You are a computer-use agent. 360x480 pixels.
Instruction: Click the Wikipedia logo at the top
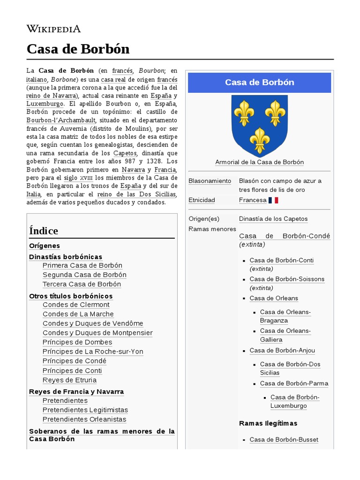tap(53, 29)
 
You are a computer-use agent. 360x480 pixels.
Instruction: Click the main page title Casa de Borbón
tap(78, 49)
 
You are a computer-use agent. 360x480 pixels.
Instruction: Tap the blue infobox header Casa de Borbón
tap(259, 82)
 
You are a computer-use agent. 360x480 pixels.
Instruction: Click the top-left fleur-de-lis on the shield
tap(244, 113)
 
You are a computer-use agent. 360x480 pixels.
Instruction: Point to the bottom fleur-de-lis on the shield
tap(259, 140)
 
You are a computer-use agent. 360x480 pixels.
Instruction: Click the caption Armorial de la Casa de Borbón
tap(259, 162)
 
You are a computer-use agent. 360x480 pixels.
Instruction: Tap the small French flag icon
tap(273, 200)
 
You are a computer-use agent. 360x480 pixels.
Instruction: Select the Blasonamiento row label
tap(210, 181)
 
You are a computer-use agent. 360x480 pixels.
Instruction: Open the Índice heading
tap(44, 231)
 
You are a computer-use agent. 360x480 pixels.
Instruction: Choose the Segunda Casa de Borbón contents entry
tap(84, 275)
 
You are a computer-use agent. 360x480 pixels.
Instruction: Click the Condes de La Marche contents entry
tap(78, 314)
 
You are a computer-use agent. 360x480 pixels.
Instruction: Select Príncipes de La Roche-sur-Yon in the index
tap(93, 352)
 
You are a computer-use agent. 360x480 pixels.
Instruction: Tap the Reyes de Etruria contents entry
tap(69, 380)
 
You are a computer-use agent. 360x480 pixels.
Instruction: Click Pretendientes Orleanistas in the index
tap(84, 420)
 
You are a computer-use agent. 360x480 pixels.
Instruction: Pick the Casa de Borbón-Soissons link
tap(287, 279)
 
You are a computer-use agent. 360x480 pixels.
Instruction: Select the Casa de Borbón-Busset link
tap(284, 440)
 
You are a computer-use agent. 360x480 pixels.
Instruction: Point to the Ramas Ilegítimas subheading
tap(268, 423)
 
